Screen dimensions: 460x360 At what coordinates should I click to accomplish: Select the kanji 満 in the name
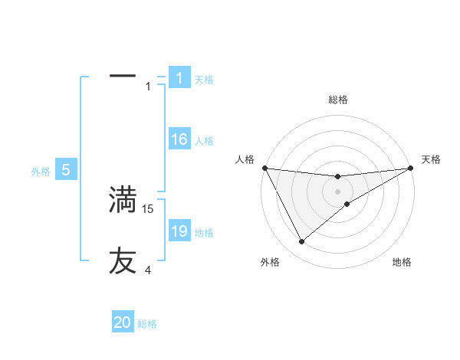pos(123,200)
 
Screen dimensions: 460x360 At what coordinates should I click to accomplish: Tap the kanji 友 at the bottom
pos(123,260)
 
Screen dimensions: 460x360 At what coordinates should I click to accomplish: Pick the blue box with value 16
pos(179,139)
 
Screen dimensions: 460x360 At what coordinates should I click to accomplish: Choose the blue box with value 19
pos(179,231)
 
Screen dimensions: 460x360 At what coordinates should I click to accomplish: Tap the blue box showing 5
pos(66,170)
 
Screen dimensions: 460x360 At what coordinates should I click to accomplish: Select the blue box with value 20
pos(123,322)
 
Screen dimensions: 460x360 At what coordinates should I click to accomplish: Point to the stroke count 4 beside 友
pos(148,270)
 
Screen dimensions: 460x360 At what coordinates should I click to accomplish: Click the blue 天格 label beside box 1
pos(204,80)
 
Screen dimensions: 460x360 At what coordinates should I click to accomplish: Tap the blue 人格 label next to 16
pos(204,141)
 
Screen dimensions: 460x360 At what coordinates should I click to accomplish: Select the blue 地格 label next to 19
pos(204,233)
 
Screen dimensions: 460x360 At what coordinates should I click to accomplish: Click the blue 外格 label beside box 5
pos(41,172)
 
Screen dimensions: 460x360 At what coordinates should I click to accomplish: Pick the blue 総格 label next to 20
pos(147,325)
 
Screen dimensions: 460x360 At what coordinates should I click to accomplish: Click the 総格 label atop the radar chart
pos(337,100)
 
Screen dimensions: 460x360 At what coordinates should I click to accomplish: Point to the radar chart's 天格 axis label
pos(431,159)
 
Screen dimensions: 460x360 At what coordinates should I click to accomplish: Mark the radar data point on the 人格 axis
pos(264,168)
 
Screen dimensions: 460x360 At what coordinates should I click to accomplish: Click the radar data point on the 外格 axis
pos(301,242)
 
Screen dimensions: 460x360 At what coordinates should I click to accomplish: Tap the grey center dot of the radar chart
pos(337,191)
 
